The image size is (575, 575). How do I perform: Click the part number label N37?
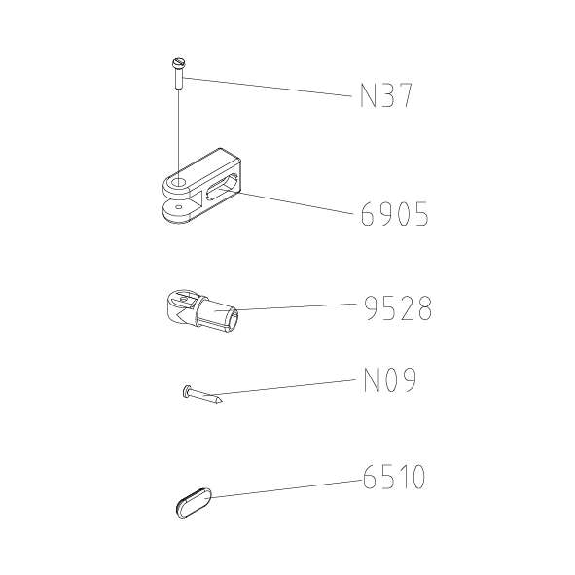[386, 95]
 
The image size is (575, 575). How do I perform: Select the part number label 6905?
[394, 214]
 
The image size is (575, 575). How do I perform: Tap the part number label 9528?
[398, 308]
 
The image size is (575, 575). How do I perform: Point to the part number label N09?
[390, 379]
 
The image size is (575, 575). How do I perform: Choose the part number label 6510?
[394, 477]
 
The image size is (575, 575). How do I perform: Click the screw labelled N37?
[179, 73]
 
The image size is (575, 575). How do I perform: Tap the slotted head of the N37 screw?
[179, 62]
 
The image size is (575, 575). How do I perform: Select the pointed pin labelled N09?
[202, 395]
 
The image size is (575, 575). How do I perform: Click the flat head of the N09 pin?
[186, 390]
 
